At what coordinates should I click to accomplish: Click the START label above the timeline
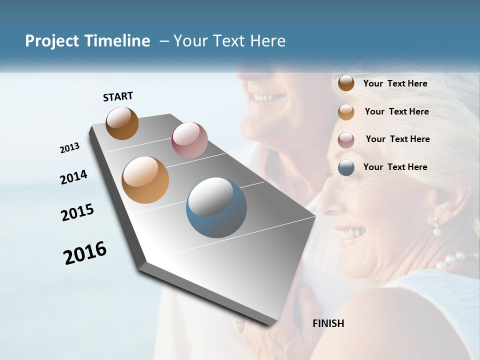pos(118,96)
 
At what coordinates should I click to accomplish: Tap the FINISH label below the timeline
pos(328,323)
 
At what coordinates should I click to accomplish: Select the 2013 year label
pos(69,148)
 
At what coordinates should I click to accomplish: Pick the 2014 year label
pos(73,177)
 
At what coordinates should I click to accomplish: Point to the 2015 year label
pos(77,212)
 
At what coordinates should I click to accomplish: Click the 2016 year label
pos(85,253)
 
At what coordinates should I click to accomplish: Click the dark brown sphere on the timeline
pos(122,123)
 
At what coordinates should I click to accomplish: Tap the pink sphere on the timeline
pos(189,139)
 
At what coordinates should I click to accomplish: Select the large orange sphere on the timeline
pos(145,180)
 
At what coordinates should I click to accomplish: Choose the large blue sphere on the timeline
pos(216,207)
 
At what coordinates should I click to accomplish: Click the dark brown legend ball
pos(346,83)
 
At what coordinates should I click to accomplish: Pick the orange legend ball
pos(346,112)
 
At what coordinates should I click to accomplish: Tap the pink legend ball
pos(346,140)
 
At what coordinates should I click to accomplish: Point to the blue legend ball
pos(346,167)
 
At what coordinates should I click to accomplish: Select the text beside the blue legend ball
pos(395,167)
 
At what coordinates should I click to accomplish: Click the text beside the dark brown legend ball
pos(395,83)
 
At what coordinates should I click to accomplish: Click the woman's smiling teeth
pos(352,233)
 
